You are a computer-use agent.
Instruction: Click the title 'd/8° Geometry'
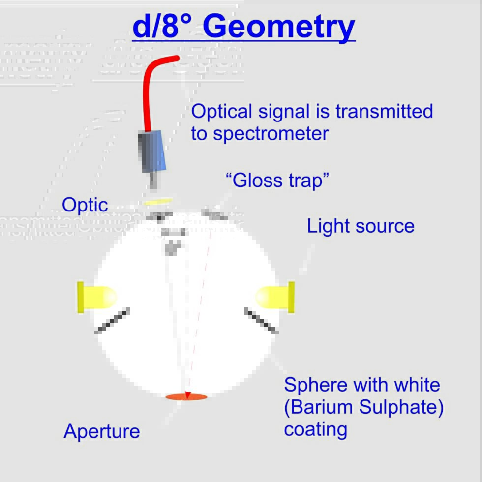point(243,27)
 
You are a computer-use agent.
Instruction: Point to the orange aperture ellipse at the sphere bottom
point(186,396)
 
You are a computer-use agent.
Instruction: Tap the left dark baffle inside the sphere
point(112,321)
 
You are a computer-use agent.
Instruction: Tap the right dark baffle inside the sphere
point(262,321)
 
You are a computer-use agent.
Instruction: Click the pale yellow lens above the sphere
point(158,201)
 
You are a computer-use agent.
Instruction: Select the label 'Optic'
point(85,205)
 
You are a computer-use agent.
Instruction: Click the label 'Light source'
point(361,226)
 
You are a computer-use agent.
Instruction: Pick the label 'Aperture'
point(102,431)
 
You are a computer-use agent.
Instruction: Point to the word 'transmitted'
point(384,111)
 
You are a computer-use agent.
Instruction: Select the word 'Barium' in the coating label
point(319,407)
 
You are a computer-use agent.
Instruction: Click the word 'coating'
point(315,429)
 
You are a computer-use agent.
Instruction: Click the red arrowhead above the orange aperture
point(187,394)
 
